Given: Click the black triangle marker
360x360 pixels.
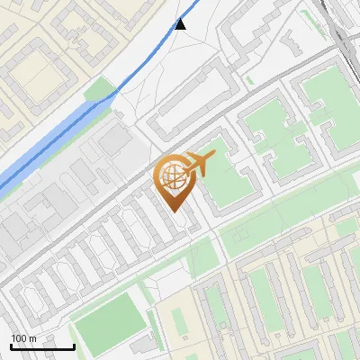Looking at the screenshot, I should tap(181, 24).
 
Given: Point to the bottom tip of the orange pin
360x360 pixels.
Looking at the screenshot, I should tap(175, 211).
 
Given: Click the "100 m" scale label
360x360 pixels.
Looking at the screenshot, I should tap(23, 337).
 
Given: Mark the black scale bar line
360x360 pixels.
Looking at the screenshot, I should tap(41, 346).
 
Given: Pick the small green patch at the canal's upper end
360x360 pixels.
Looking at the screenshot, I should tap(101, 91).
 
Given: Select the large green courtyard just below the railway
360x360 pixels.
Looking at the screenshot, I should tap(327, 99).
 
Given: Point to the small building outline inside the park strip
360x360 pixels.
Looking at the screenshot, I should tap(242, 236).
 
